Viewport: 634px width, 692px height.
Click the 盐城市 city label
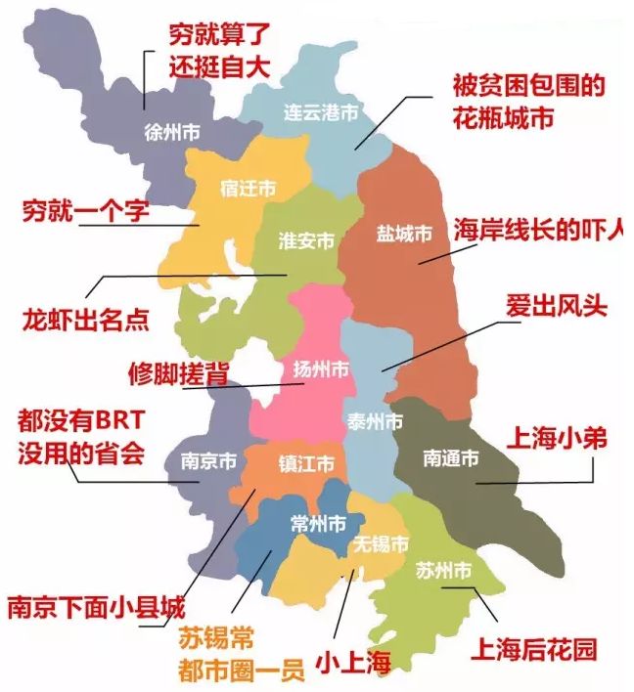click(x=404, y=235)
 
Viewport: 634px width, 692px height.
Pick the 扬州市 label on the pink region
click(x=321, y=370)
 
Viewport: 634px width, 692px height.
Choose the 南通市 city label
click(x=451, y=457)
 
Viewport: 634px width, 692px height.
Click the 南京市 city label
click(x=207, y=460)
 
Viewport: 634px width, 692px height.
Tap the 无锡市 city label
click(x=381, y=544)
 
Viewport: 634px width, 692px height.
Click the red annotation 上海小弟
click(x=554, y=438)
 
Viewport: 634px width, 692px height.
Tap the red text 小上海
click(x=352, y=666)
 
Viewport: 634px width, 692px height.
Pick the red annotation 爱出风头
click(x=557, y=305)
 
